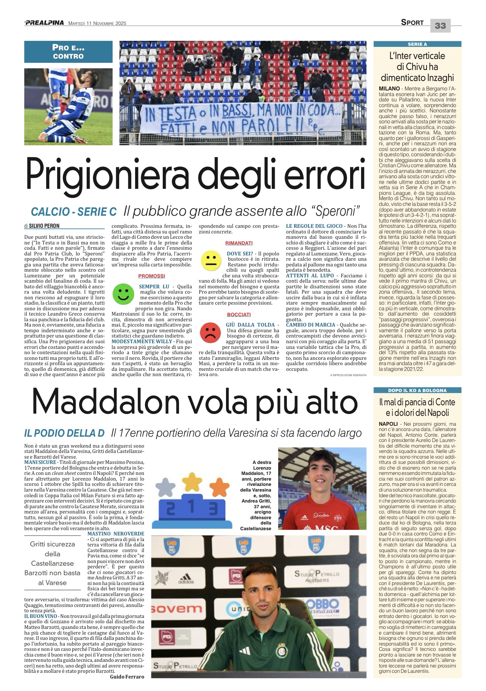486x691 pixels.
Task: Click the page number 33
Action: [440, 26]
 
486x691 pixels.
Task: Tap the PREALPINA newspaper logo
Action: [44, 23]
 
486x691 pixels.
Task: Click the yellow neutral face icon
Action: [211, 261]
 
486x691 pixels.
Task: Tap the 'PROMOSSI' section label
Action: [151, 276]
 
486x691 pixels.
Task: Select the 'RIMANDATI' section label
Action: [239, 243]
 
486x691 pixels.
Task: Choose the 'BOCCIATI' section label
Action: [239, 314]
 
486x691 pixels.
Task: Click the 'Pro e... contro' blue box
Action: [69, 52]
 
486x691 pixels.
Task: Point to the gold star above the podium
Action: [193, 482]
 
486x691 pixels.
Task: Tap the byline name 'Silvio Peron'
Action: [44, 226]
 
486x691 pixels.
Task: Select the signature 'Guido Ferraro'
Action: [127, 677]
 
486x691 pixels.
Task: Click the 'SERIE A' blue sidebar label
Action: [417, 44]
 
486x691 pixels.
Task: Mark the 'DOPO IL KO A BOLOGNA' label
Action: [417, 390]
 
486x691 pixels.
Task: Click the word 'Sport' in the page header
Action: [412, 23]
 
